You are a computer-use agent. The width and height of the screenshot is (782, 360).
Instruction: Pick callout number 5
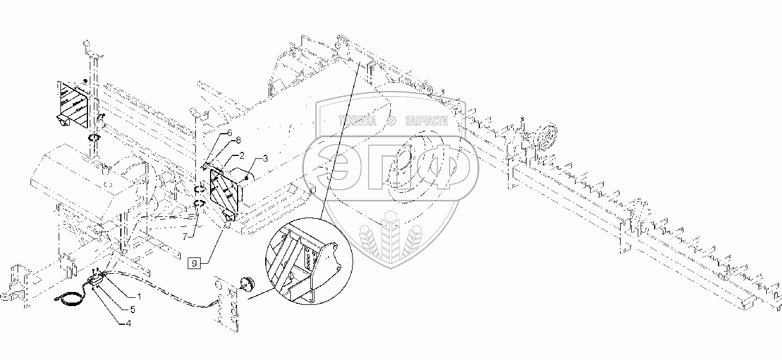[x=132, y=309]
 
